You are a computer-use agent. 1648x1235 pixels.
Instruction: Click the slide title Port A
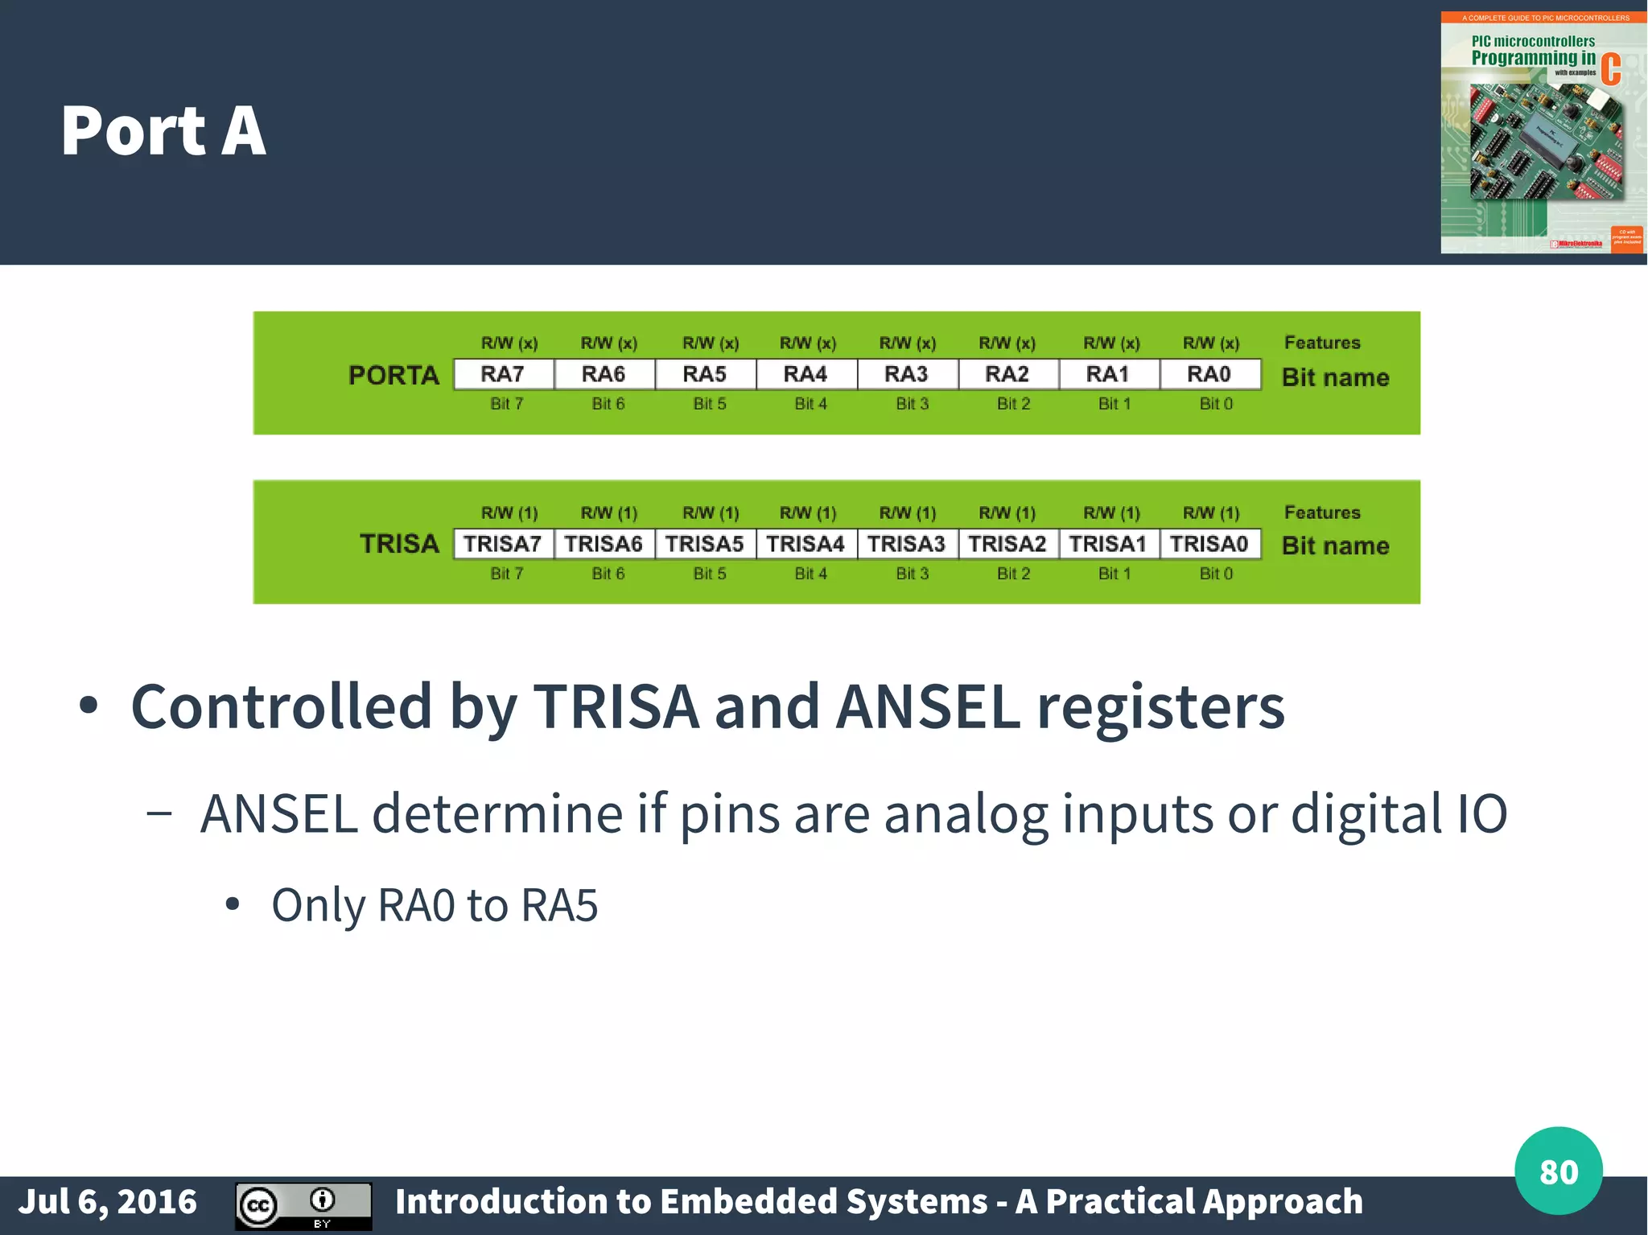pos(163,130)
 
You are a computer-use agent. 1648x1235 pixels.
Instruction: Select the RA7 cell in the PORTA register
pos(503,374)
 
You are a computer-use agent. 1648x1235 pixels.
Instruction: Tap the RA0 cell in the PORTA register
pos(1209,374)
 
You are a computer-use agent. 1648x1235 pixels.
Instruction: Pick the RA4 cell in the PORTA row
pos(805,374)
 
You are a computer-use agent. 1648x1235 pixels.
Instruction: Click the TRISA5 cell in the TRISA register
pos(705,544)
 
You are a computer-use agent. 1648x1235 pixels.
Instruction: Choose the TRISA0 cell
pos(1209,544)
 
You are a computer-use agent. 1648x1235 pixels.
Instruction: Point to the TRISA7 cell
pos(503,544)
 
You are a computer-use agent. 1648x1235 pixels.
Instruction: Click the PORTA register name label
pos(393,376)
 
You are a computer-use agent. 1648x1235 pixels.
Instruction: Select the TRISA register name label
pos(399,544)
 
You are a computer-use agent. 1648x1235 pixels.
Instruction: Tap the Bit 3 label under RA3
pos(913,404)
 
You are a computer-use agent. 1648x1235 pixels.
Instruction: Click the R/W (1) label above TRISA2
pos(1007,513)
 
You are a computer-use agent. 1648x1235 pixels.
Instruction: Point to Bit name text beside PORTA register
pos(1335,377)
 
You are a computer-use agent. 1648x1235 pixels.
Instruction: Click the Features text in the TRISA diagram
pos(1322,513)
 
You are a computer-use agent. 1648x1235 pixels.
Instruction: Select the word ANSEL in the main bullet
pos(928,706)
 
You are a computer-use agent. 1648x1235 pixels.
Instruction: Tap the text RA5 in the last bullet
pos(559,905)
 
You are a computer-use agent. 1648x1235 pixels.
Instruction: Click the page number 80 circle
pos(1558,1171)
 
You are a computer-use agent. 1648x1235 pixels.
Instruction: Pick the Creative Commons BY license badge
pos(303,1205)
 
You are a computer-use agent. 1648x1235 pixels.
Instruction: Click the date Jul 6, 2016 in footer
pos(108,1202)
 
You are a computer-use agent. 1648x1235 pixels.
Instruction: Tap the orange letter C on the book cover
pos(1610,69)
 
